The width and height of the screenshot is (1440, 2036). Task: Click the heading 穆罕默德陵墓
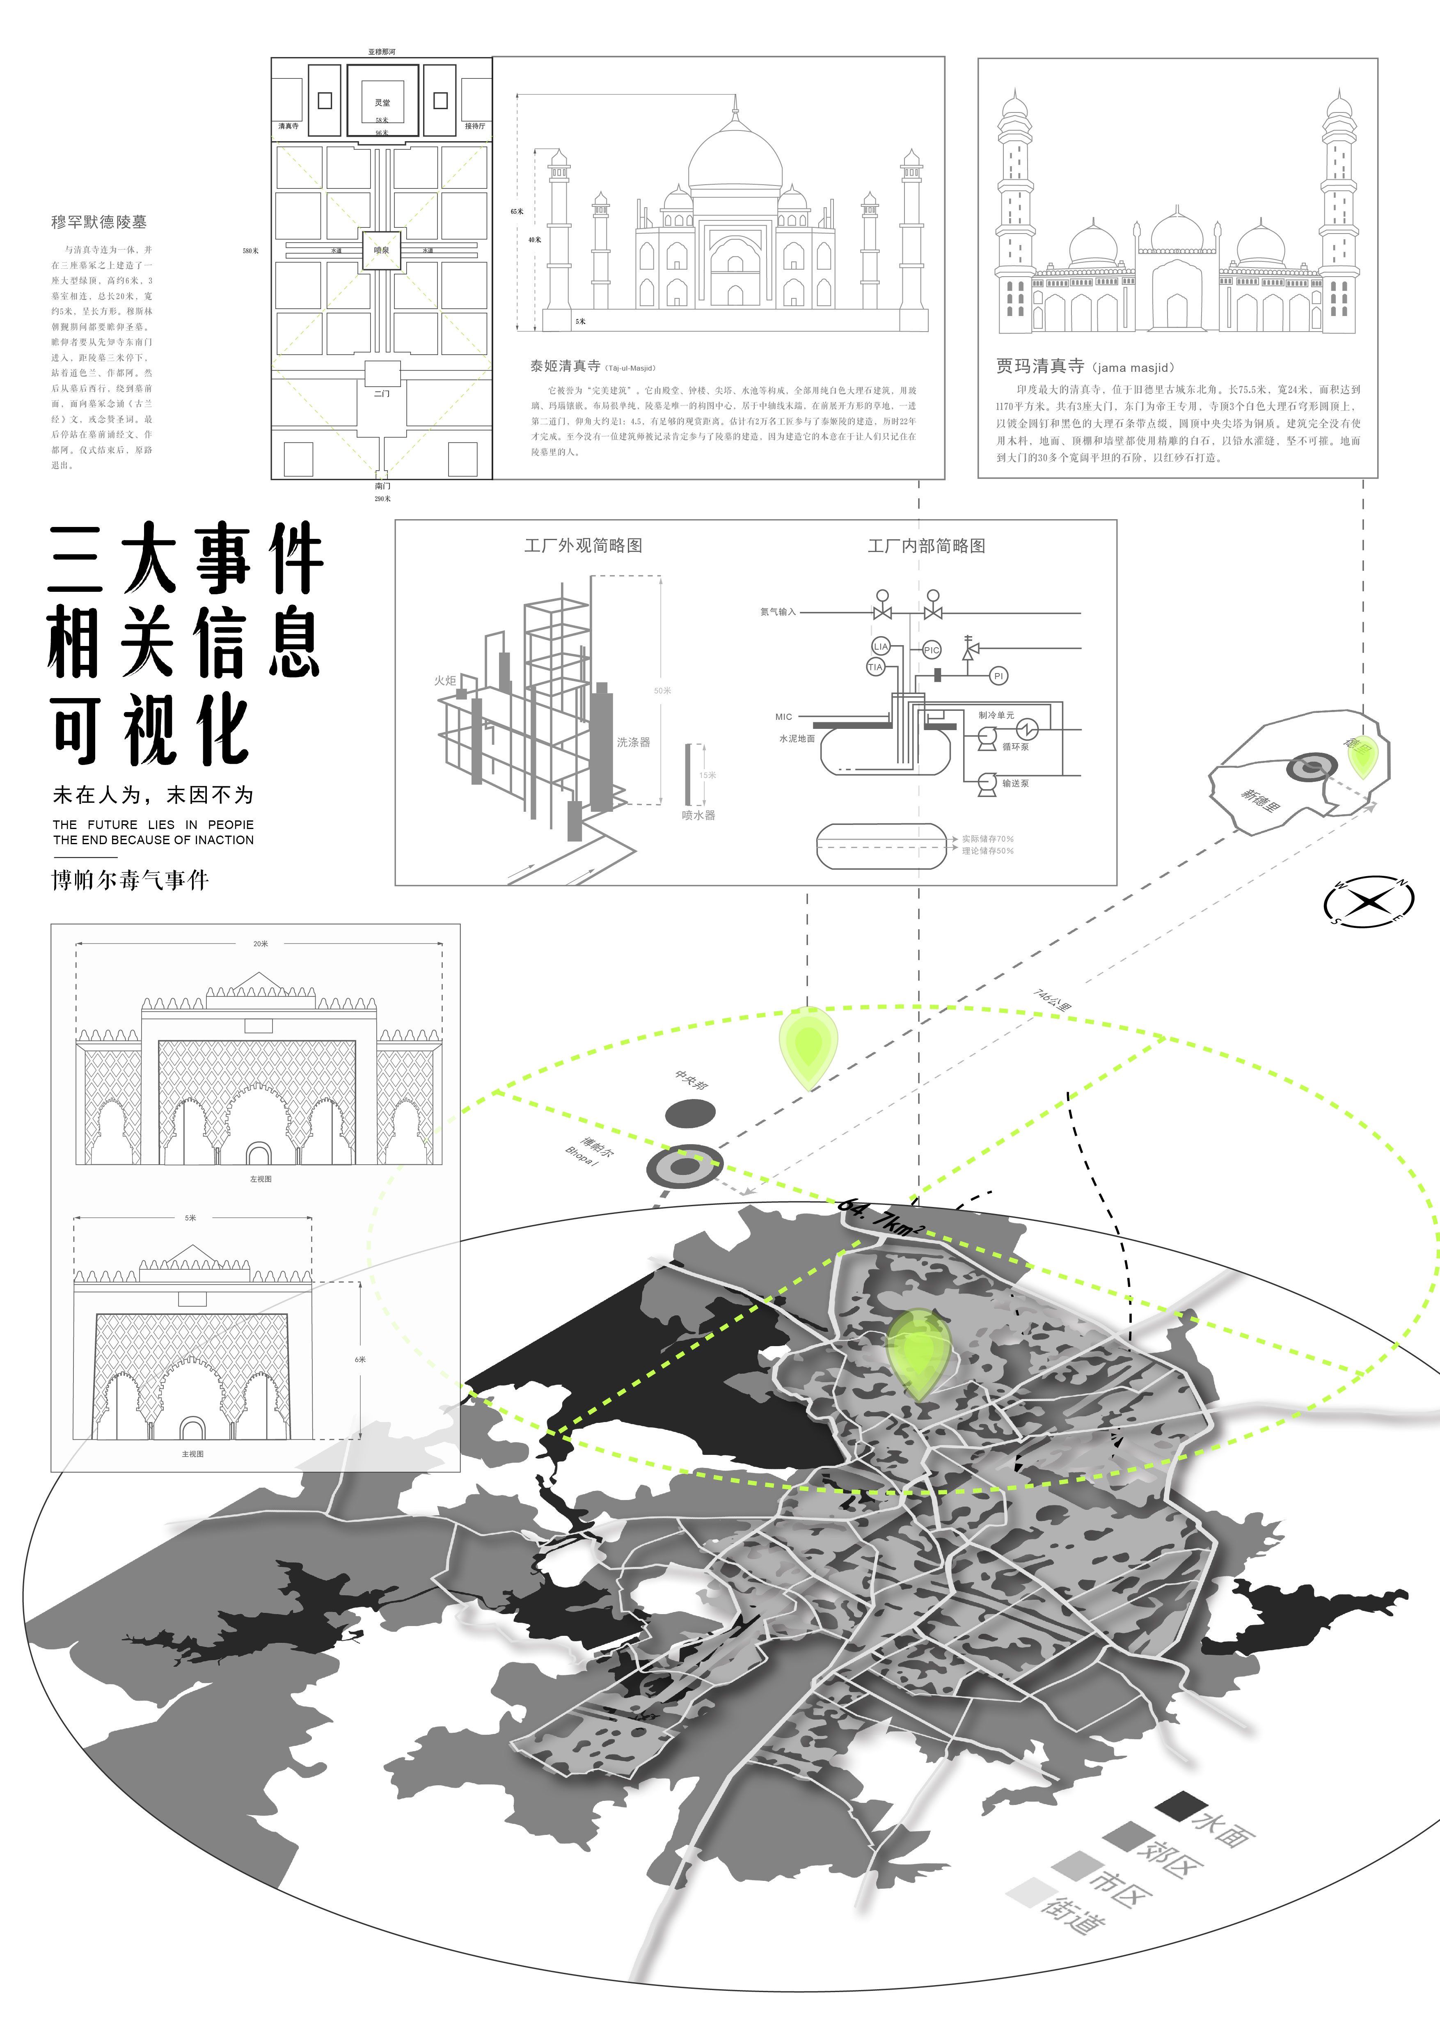pyautogui.click(x=98, y=222)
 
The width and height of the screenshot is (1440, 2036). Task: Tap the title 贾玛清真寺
pyautogui.click(x=1039, y=365)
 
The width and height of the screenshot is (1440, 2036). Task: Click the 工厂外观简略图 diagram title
pyautogui.click(x=583, y=545)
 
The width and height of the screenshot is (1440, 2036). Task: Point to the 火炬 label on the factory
pyautogui.click(x=445, y=680)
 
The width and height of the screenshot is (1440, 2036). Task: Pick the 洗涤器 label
pyautogui.click(x=633, y=741)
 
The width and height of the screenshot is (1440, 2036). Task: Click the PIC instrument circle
pyautogui.click(x=931, y=650)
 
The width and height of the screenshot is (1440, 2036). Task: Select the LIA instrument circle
pyautogui.click(x=881, y=646)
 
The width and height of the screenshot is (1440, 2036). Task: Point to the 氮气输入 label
pyautogui.click(x=778, y=612)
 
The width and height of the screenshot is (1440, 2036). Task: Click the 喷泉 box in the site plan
pyautogui.click(x=381, y=251)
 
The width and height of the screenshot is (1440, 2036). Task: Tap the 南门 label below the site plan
pyautogui.click(x=382, y=486)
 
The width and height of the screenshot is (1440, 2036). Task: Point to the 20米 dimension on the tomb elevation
pyautogui.click(x=260, y=944)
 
